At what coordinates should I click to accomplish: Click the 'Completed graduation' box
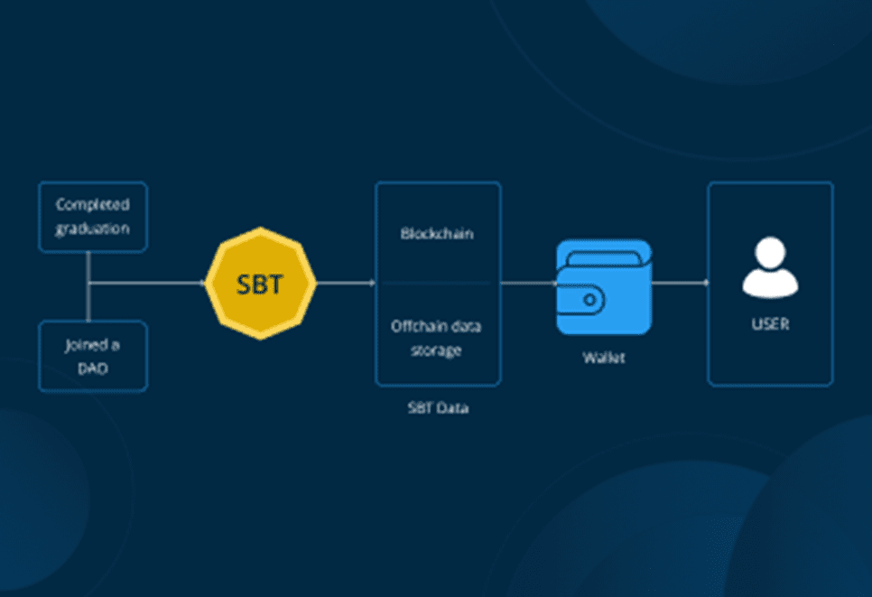92,217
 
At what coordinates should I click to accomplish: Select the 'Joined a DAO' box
92,356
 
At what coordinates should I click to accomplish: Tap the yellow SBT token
260,284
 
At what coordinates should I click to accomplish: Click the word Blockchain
437,234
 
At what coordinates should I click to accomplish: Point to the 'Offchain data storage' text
437,337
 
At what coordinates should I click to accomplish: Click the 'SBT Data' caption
437,408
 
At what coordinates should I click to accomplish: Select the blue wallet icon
603,287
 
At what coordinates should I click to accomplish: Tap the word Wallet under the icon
603,358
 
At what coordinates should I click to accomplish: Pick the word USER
770,323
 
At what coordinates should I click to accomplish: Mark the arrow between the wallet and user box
679,283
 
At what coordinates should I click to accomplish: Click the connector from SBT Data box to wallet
528,283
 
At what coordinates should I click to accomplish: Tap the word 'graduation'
92,229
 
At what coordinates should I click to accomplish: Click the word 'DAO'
92,368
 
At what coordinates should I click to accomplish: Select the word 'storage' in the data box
437,350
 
